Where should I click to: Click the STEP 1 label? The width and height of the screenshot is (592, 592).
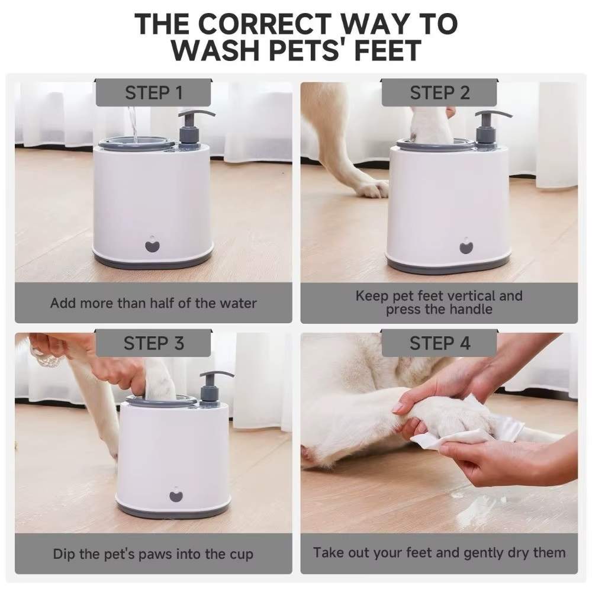coord(153,93)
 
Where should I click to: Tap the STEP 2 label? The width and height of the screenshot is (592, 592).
coord(439,93)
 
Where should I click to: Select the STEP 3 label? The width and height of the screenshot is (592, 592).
coord(153,343)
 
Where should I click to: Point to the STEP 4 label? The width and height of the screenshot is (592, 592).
coord(439,343)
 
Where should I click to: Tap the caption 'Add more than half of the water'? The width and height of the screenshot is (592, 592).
coord(153,303)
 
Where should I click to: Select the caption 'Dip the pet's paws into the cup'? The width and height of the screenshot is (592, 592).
coord(153,554)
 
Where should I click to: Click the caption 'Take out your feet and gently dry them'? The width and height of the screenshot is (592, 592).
coord(439,553)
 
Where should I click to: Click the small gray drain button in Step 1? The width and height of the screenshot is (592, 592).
coord(153,244)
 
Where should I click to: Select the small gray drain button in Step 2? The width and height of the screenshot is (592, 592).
coord(466,245)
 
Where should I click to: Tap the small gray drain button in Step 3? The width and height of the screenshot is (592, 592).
coord(176,495)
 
